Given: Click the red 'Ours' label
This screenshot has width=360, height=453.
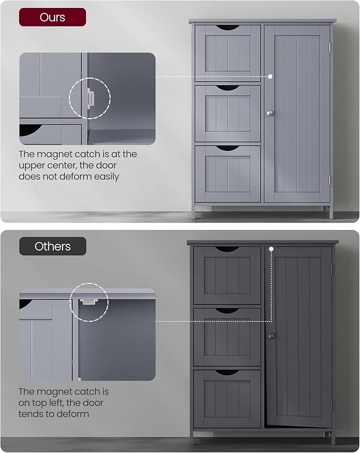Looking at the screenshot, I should pos(53,17).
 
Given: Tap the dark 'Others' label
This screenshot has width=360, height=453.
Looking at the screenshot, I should pos(52,246).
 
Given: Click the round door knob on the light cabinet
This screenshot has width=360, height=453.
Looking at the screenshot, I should pos(269,112).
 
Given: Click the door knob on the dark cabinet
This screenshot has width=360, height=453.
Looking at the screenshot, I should pos(270,336).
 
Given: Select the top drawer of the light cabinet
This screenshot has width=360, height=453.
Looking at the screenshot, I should pos(227,53).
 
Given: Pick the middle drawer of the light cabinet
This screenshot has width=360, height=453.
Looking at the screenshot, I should pos(227,113).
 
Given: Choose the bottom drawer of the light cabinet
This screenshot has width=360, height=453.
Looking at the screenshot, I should pos(227,174).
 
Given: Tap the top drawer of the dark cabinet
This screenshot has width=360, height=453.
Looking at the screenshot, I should pos(227,275).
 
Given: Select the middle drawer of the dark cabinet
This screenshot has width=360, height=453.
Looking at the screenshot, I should pos(227,337).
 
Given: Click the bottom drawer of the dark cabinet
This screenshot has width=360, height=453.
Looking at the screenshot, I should pos(227,398).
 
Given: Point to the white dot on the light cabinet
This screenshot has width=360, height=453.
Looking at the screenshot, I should pos(270,76).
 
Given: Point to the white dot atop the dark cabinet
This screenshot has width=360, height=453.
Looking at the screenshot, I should pos(271,248).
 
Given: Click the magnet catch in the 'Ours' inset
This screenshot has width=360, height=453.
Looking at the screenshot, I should pos(91,99).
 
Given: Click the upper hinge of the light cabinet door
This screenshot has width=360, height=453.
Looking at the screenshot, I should pos(329,47).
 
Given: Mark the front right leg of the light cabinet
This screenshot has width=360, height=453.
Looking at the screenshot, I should pos(331,212).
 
